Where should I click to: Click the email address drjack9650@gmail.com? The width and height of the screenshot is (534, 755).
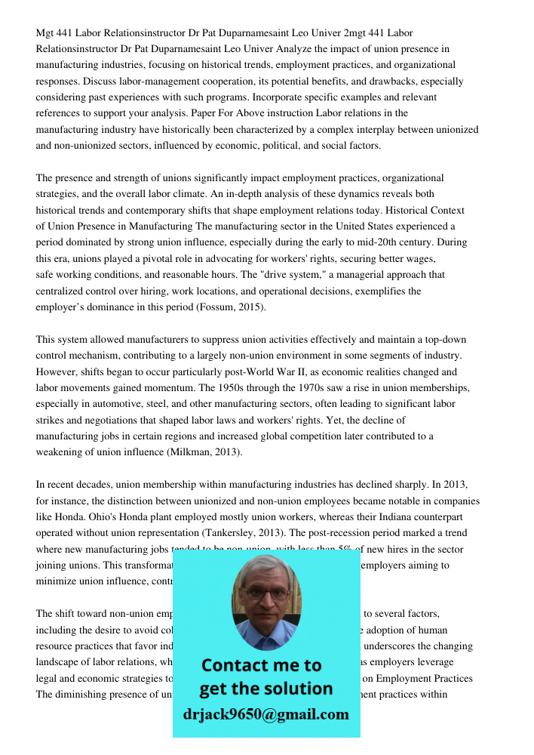(x=265, y=714)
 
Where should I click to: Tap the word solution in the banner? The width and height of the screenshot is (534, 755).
(x=298, y=689)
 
